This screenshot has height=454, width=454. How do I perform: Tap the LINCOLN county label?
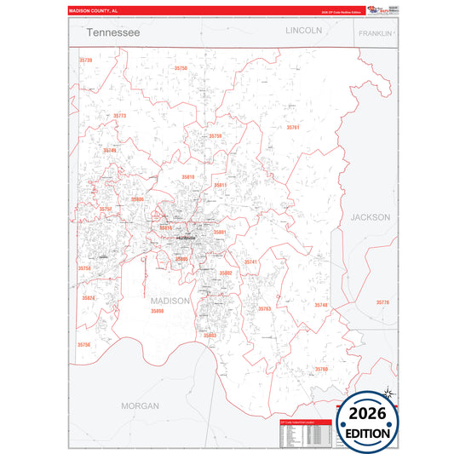click(x=304, y=30)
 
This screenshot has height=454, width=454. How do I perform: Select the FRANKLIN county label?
click(x=375, y=33)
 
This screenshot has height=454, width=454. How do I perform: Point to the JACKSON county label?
click(x=371, y=217)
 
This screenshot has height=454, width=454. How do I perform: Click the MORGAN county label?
click(x=140, y=405)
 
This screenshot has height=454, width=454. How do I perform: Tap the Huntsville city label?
click(x=185, y=236)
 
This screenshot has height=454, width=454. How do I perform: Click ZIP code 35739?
click(x=85, y=60)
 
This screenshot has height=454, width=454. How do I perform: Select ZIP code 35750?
click(x=181, y=68)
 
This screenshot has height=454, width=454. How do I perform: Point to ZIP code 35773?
click(x=119, y=116)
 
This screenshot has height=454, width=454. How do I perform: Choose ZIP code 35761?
click(x=293, y=127)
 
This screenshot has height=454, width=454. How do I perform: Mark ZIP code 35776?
click(x=382, y=302)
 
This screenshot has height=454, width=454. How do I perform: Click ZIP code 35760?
click(x=321, y=369)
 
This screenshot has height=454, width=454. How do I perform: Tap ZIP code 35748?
click(x=320, y=305)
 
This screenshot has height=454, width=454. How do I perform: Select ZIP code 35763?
click(x=264, y=308)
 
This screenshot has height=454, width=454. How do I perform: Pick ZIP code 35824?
click(x=89, y=298)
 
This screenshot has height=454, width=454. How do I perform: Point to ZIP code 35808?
click(x=157, y=312)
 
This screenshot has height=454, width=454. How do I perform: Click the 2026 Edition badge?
click(x=368, y=422)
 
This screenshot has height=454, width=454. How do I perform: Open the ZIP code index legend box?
click(x=305, y=434)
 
